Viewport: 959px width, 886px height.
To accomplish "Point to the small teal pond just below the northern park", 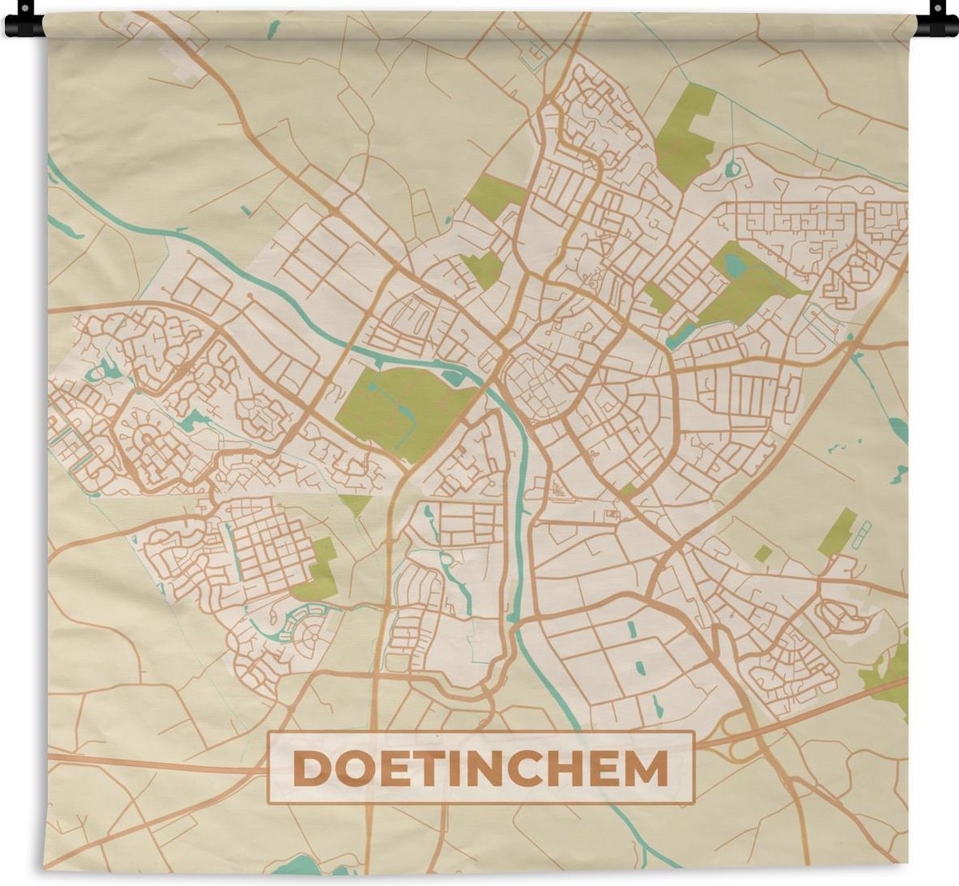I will pos(731,170).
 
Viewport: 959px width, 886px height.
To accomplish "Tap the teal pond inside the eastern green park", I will pos(734,264).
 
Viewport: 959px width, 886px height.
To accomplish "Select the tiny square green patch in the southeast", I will pos(763,553).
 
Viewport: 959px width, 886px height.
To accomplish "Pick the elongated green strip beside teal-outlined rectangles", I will pos(837,532).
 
